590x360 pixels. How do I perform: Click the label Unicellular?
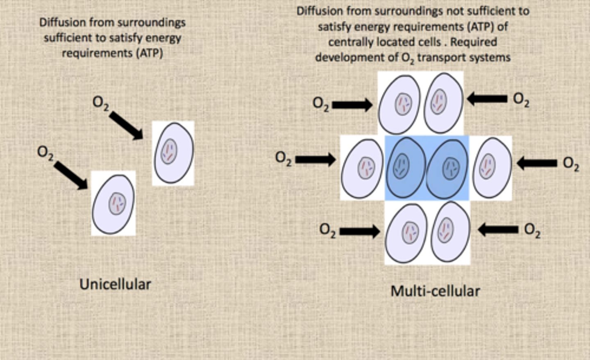(x=115, y=284)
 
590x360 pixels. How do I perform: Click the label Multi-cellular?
(x=435, y=291)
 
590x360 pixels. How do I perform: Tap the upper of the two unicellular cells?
(x=173, y=153)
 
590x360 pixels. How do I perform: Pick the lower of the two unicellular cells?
(x=113, y=204)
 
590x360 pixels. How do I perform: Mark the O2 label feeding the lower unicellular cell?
(x=45, y=153)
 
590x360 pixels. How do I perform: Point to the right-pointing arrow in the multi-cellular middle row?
(x=315, y=159)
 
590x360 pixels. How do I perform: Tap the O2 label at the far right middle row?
(x=571, y=164)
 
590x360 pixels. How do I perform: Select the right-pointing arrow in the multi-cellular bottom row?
(x=359, y=232)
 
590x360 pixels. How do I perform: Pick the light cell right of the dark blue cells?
(x=491, y=167)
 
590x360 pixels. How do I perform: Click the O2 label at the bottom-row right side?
(x=532, y=230)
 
